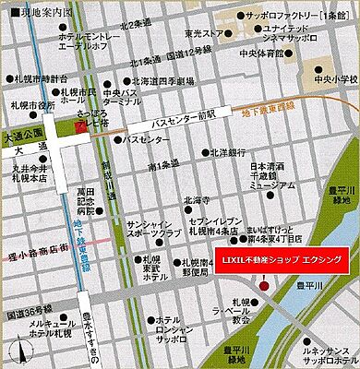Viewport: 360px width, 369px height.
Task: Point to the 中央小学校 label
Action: point(330,77)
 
